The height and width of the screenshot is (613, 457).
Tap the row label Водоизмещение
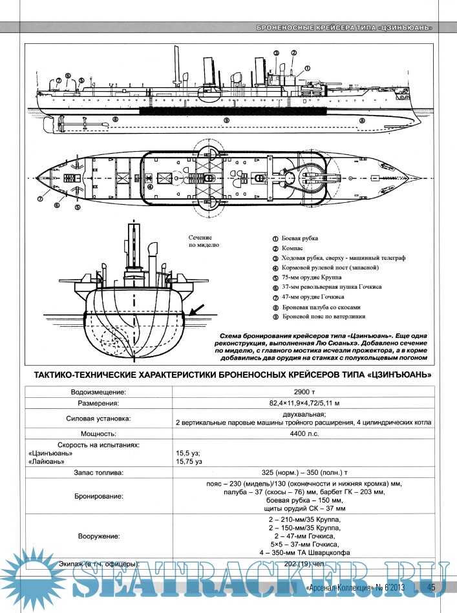click(x=98, y=391)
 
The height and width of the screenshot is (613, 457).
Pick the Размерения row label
click(x=98, y=403)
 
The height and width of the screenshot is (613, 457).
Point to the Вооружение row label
click(x=98, y=536)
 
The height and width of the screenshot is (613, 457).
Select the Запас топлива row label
click(x=98, y=472)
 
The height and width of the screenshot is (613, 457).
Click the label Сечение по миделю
click(x=204, y=242)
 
